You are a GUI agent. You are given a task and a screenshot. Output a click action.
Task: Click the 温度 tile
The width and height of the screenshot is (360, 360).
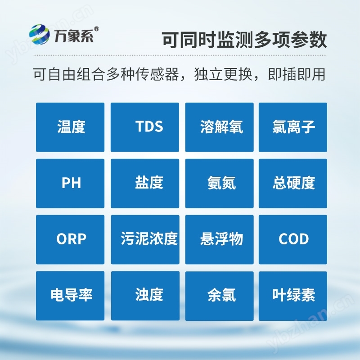[x=70, y=127]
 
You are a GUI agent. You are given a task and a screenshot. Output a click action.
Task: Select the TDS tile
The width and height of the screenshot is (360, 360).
[x=145, y=127]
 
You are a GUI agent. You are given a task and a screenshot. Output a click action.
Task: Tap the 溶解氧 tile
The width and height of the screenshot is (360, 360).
[x=220, y=127]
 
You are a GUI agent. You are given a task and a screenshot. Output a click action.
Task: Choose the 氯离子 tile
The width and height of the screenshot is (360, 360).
[x=293, y=127]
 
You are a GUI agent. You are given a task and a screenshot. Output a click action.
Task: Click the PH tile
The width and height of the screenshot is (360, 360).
[x=70, y=183]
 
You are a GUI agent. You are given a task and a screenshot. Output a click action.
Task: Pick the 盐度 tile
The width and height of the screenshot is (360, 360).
[x=145, y=183]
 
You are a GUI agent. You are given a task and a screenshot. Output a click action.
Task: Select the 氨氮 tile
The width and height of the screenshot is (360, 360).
[x=220, y=183]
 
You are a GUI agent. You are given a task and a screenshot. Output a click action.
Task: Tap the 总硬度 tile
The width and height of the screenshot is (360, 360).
[x=293, y=183]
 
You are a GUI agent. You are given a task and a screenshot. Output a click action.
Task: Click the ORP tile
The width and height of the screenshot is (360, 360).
[x=70, y=239]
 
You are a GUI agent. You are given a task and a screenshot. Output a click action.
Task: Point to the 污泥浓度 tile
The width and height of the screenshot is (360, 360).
[x=145, y=239]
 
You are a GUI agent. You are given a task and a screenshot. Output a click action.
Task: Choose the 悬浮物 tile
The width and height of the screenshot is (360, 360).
[x=220, y=239]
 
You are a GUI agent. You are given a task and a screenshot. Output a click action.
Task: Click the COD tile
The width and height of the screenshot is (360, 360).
[x=293, y=239]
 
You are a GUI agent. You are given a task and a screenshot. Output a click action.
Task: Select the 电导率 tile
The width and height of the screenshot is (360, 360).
[x=70, y=296]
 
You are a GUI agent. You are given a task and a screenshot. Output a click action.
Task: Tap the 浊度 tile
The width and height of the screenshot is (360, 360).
[x=145, y=296]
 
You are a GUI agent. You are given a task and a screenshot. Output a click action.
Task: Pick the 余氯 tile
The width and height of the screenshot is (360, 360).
[x=220, y=296]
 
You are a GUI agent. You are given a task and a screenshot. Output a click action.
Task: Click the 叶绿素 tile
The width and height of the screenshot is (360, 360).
[x=293, y=296]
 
